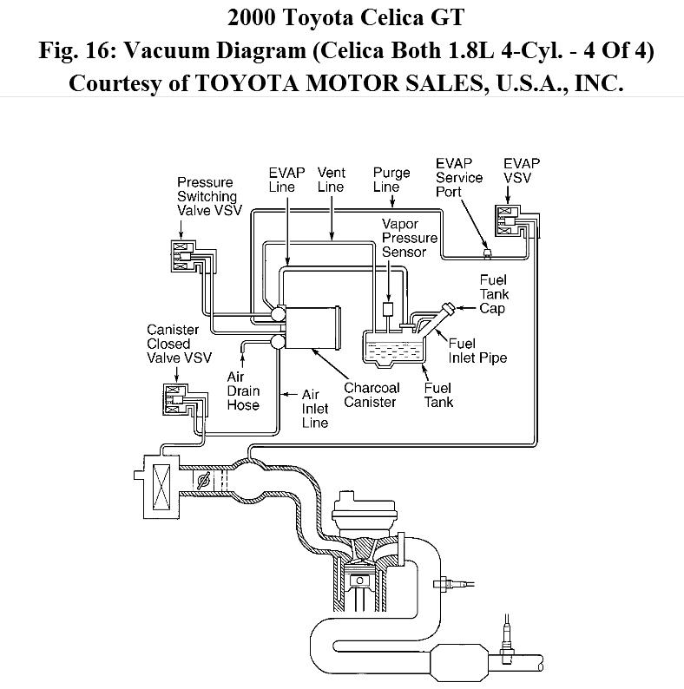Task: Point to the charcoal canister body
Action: click(312, 327)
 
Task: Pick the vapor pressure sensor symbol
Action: click(387, 311)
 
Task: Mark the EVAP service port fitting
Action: click(487, 253)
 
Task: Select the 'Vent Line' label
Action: click(331, 179)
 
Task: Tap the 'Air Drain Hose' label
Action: click(243, 390)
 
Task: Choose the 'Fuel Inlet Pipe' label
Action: click(477, 350)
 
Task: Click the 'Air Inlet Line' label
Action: click(315, 408)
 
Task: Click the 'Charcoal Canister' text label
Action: click(372, 395)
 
